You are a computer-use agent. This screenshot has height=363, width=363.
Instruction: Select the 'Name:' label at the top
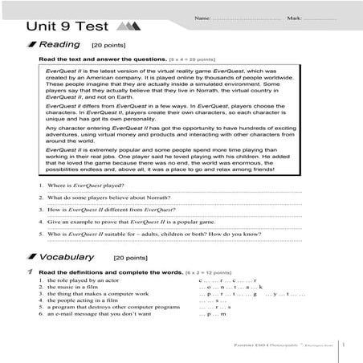point(202,17)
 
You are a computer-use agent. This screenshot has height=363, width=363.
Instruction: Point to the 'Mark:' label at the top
point(296,17)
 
